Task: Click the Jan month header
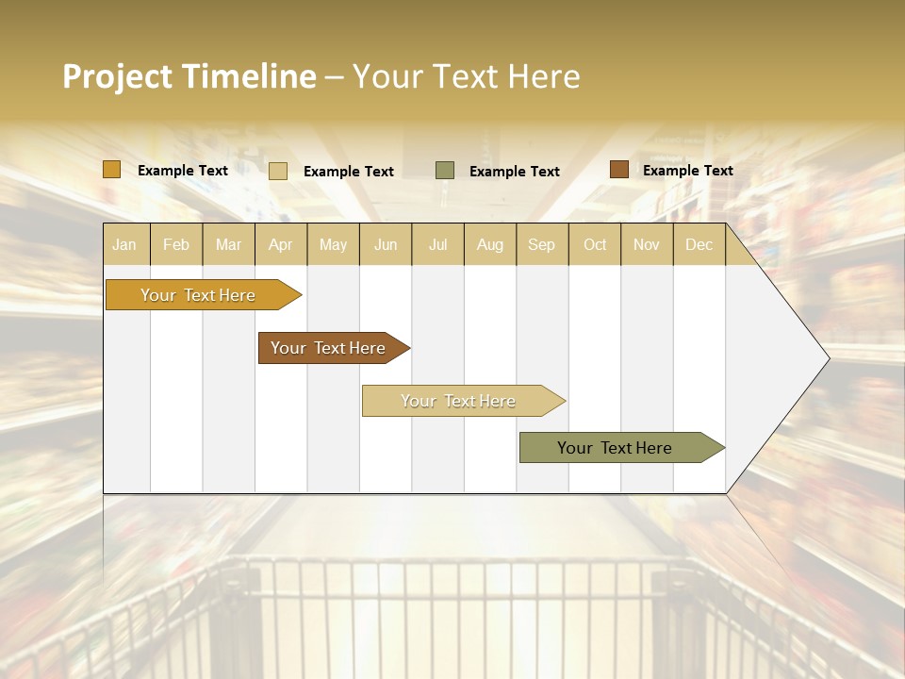124,244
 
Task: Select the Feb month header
176,244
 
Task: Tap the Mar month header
228,244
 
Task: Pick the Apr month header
281,244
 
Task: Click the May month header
333,244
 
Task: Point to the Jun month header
386,244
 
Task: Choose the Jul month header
437,244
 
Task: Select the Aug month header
490,244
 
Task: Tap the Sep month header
542,244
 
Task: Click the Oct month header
595,244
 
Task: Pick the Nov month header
647,244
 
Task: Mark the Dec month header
699,244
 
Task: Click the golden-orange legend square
112,170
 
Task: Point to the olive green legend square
445,171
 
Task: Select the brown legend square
619,170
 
